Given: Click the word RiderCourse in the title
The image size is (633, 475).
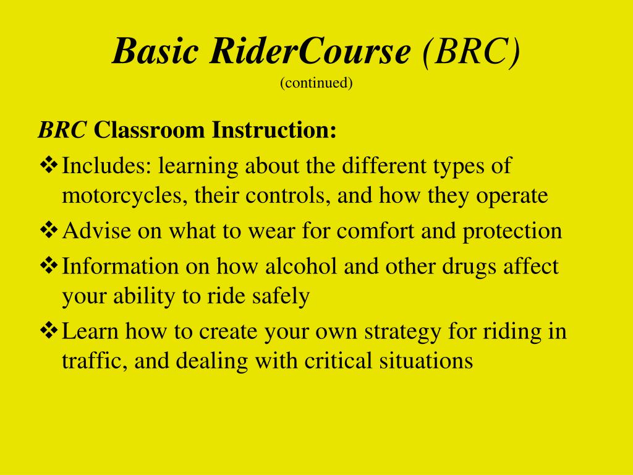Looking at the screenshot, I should [309, 52].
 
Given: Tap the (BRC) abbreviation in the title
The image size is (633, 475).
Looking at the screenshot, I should [471, 52].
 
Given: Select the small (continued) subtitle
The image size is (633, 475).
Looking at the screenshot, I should [316, 83].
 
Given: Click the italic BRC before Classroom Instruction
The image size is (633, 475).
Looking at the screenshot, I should [62, 130].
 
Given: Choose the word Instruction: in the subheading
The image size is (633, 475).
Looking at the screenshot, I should [274, 130].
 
